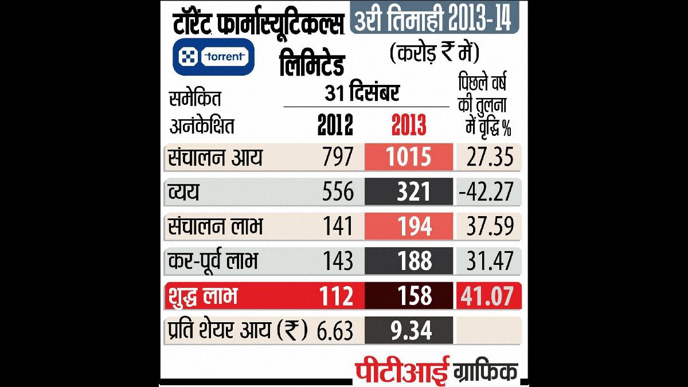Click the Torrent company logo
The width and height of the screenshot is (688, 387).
pos(214,56)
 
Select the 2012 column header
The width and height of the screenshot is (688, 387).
pos(335,124)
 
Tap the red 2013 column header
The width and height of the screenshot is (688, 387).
pos(409,124)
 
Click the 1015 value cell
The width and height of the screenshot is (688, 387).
pos(409,157)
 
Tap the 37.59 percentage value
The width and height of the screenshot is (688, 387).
pos(489,227)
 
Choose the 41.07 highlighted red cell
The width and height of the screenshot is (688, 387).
pos(489,296)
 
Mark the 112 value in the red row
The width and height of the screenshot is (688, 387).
pos(335,296)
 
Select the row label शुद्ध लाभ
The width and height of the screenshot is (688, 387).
pos(203,296)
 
